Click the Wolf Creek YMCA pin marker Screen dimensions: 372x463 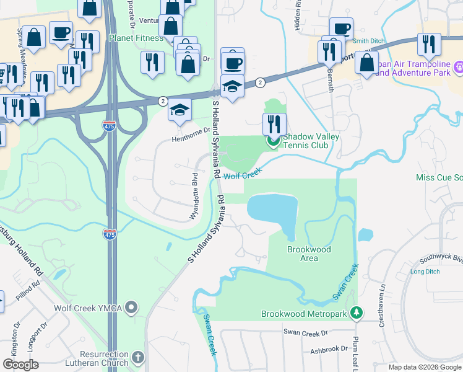131,307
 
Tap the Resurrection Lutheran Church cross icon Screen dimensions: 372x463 137,358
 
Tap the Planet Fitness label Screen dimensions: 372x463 136,38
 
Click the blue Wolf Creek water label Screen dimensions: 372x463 239,175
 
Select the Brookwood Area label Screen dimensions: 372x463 309,254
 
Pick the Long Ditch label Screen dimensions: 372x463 425,272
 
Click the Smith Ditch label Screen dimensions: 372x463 369,41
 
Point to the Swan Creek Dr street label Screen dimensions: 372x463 306,332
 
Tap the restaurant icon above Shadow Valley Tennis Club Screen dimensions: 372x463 275,124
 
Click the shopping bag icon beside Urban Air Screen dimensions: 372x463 366,63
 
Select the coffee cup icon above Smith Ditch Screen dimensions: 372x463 341,29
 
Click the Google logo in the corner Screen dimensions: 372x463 20,365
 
